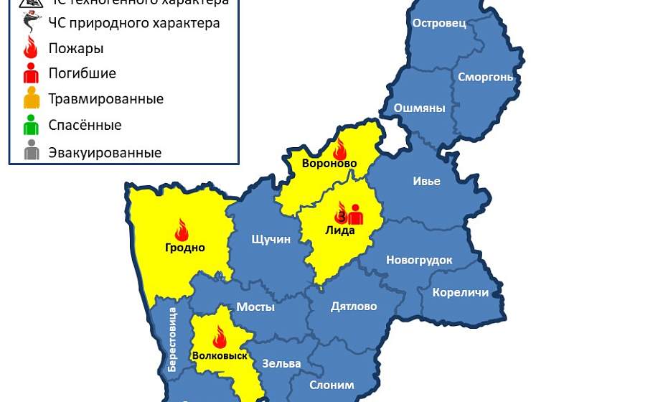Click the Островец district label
coord(439,23)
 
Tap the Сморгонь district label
coord(486,76)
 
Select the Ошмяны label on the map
coord(420,108)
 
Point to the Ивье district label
coord(426,181)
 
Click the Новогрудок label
coord(419,260)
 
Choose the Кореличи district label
coord(460,292)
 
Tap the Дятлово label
coord(354,307)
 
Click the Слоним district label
coord(331,385)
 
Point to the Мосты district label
coord(255,307)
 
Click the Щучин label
coord(271,239)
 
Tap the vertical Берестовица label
coord(172,340)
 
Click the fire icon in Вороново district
coord(339,149)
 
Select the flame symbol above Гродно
coord(182,230)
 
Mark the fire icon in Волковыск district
coord(219,337)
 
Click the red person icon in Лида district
coord(356,214)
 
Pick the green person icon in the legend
coord(31,125)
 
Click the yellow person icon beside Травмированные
coord(31,98)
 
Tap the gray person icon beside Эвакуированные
coord(31,151)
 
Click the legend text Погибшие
coord(82,73)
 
